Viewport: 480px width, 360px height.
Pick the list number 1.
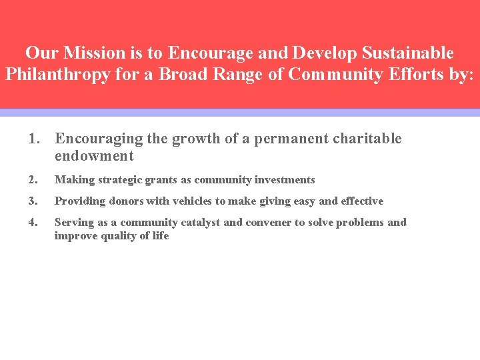click(x=35, y=139)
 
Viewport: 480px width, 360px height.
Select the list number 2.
click(x=33, y=180)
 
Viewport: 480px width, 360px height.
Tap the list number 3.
click(x=33, y=201)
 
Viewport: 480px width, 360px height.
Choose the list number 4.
click(x=33, y=223)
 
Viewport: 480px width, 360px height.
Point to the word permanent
click(x=292, y=139)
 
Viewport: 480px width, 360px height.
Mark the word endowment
click(x=94, y=156)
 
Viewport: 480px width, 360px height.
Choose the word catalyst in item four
click(x=197, y=223)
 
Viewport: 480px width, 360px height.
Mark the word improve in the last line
click(x=75, y=236)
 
